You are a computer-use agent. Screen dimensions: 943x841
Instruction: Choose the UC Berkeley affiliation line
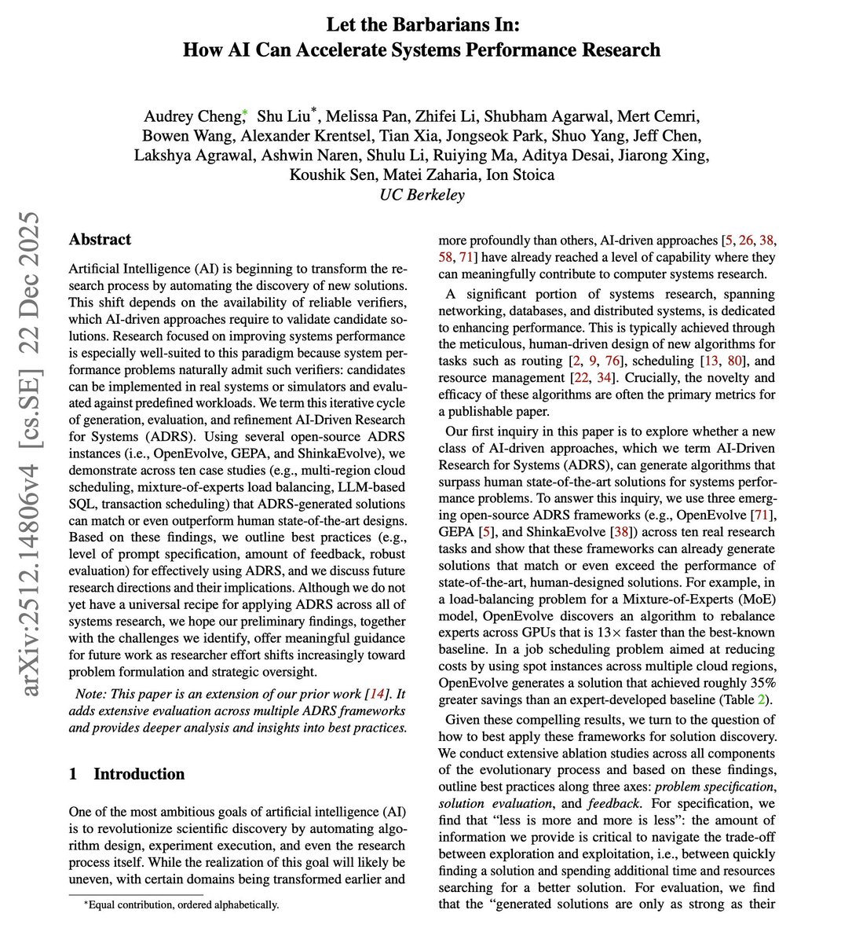pos(421,195)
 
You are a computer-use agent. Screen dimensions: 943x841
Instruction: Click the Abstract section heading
pos(100,240)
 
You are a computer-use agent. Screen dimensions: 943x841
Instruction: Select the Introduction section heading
pos(139,774)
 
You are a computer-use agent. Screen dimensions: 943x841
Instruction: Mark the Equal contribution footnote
pos(181,904)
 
